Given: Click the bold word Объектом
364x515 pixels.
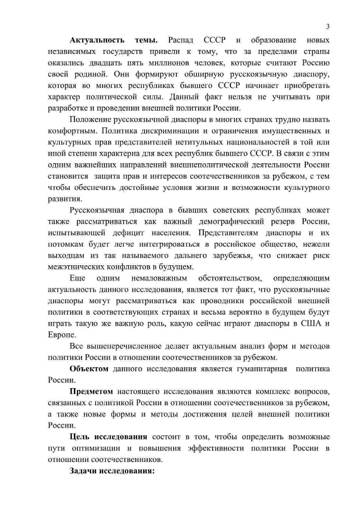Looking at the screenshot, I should pos(89,368).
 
